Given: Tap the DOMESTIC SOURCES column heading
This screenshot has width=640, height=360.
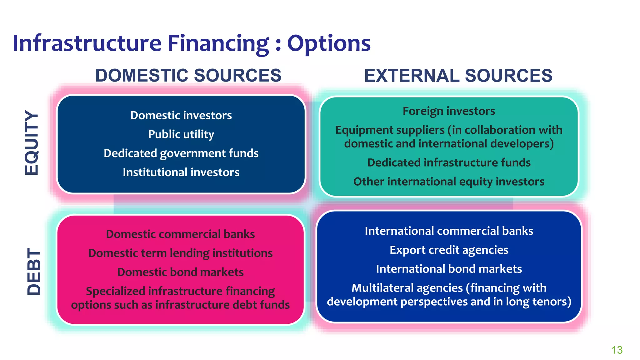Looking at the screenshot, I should click(x=188, y=76).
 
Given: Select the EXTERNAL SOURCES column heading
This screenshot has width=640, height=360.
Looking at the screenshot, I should click(x=458, y=76).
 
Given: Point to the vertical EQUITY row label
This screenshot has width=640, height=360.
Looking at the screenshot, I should click(x=32, y=142).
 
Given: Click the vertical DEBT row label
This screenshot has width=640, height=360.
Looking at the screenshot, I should click(x=34, y=272).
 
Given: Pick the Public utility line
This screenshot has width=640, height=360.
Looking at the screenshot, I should click(x=181, y=134).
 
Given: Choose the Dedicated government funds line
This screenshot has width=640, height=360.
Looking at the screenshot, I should click(x=181, y=153).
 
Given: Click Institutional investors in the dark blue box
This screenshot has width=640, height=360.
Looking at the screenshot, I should click(x=181, y=172).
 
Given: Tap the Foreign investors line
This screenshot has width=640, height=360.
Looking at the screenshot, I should click(x=449, y=111).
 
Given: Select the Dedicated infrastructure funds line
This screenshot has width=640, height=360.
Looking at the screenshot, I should click(x=449, y=162).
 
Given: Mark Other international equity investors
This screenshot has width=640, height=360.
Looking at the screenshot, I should click(x=449, y=182).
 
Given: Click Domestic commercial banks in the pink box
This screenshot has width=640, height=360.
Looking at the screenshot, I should click(x=180, y=234).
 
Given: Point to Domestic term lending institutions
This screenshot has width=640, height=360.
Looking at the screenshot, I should click(x=180, y=253).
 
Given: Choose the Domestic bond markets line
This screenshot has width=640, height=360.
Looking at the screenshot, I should click(x=180, y=272).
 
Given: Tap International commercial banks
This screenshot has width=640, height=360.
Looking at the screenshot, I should click(x=449, y=231).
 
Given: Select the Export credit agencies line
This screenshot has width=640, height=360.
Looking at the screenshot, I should click(x=449, y=250).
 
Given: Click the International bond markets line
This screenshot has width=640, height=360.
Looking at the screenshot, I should click(x=449, y=269).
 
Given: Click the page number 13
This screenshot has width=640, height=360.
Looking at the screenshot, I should click(x=617, y=350).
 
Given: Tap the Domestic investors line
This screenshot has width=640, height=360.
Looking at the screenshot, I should click(x=181, y=115).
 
